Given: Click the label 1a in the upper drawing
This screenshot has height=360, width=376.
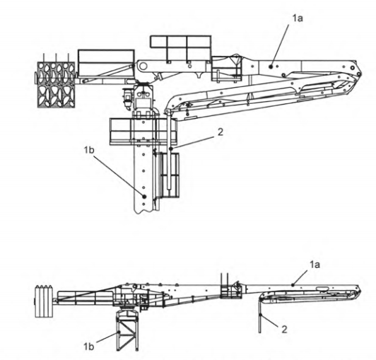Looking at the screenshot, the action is [298, 18].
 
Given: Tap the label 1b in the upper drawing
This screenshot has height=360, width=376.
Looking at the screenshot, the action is [89, 150].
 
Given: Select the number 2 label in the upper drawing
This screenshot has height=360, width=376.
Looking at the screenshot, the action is [220, 132].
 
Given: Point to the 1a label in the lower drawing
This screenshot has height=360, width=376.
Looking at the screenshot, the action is [315, 265].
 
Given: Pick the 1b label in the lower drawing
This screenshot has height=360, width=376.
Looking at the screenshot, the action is [89, 347].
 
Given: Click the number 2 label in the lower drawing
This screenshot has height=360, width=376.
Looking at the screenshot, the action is [284, 330].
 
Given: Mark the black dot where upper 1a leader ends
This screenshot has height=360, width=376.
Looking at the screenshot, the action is [271, 66].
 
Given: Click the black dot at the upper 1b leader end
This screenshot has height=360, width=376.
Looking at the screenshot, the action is [144, 197].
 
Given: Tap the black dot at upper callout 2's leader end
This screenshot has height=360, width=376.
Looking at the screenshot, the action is [171, 149].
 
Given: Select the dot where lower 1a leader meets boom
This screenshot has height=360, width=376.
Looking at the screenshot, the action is [293, 285].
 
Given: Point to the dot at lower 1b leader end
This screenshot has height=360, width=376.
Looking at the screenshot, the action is [119, 332].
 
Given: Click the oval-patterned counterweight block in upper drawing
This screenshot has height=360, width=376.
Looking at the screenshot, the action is [56, 84].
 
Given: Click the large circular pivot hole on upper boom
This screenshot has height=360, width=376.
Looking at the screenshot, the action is [143, 66].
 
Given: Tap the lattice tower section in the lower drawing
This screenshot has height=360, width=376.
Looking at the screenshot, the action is [127, 331].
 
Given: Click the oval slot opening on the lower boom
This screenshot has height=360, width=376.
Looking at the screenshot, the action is [322, 289].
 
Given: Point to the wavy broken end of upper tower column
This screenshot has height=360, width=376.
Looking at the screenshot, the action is [143, 211].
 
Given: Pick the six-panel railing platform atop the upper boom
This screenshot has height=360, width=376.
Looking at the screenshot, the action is [180, 48].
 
